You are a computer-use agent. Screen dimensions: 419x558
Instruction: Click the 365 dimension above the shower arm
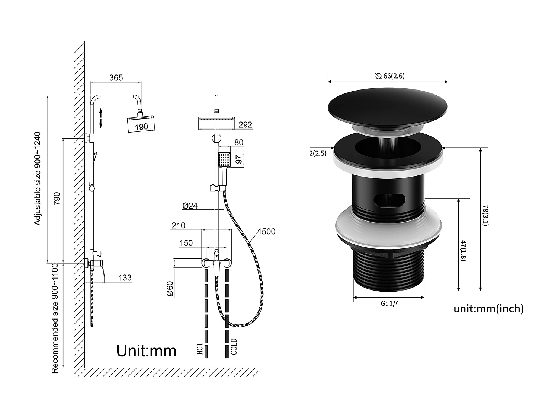[x=116, y=78]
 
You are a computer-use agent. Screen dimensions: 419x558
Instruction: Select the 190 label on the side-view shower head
[x=141, y=127]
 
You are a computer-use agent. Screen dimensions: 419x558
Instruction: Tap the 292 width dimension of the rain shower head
[x=245, y=125]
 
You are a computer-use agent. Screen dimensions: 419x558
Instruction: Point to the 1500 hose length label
[x=266, y=232]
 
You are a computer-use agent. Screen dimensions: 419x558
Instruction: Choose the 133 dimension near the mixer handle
[x=125, y=278]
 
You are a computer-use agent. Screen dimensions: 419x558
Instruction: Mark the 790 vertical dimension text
[x=57, y=199]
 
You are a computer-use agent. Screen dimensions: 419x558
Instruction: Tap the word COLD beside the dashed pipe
[x=234, y=346]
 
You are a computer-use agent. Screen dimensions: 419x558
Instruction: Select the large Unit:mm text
[x=146, y=351]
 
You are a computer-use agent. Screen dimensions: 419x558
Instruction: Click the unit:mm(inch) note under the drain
[x=488, y=309]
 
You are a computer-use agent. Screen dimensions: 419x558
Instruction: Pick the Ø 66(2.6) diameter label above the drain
[x=390, y=76]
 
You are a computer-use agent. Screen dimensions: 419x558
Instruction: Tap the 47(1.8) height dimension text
[x=463, y=250]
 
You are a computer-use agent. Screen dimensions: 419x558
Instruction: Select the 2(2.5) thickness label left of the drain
[x=317, y=153]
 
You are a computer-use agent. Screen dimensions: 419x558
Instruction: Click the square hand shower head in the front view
[x=224, y=160]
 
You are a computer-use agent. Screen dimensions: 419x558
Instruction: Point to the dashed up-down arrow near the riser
[x=101, y=118]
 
